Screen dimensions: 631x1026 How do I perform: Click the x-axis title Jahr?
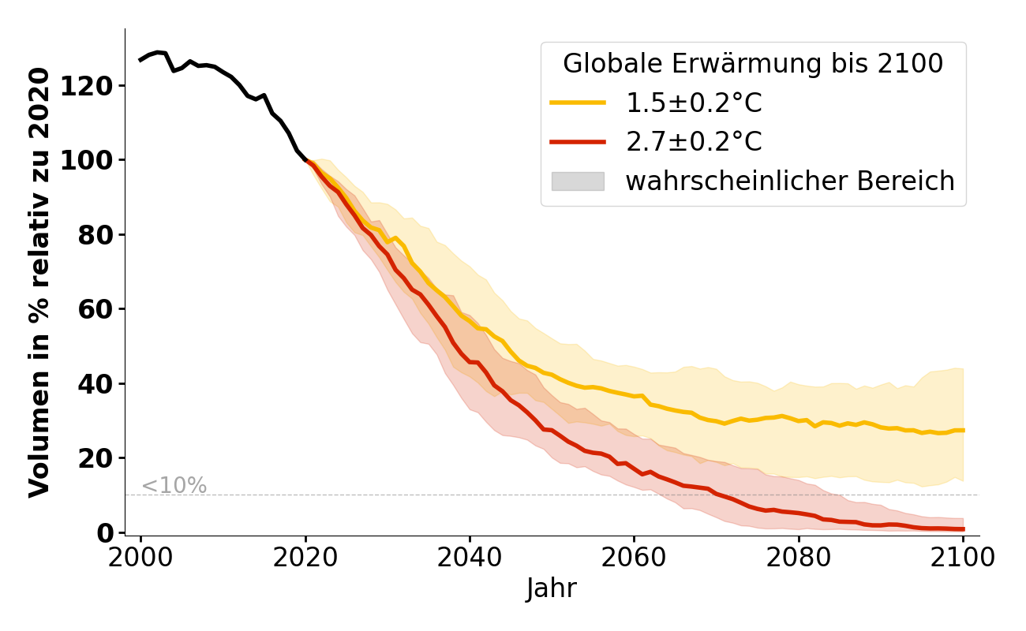[x=552, y=588]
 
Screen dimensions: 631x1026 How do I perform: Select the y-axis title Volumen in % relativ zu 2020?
[x=39, y=282]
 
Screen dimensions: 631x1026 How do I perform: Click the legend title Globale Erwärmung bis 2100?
[x=753, y=64]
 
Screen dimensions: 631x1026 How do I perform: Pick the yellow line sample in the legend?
[x=578, y=103]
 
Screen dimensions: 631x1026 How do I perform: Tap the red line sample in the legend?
[x=578, y=142]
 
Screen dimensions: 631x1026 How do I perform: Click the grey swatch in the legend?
[x=578, y=181]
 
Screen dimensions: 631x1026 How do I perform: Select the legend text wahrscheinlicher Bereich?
[x=790, y=181]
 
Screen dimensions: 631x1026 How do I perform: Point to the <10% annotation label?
[x=174, y=486]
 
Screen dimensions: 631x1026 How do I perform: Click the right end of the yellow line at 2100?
[x=964, y=430]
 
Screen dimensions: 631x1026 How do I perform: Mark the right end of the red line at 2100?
[x=964, y=529]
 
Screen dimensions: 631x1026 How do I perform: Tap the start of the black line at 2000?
[x=140, y=60]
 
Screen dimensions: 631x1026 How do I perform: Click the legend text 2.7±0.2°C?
[x=694, y=142]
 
